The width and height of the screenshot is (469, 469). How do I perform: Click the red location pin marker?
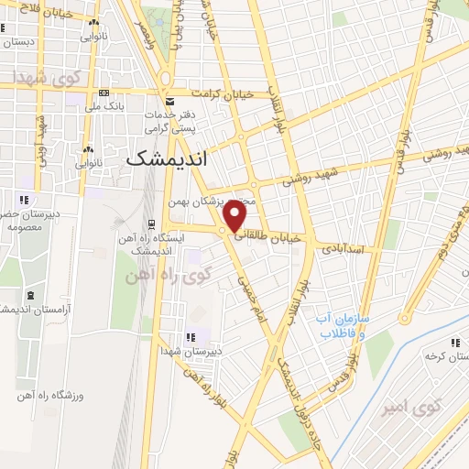[234, 216]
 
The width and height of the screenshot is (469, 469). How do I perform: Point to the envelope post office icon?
[169, 101]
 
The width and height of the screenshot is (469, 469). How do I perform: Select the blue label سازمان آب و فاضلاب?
[343, 326]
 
